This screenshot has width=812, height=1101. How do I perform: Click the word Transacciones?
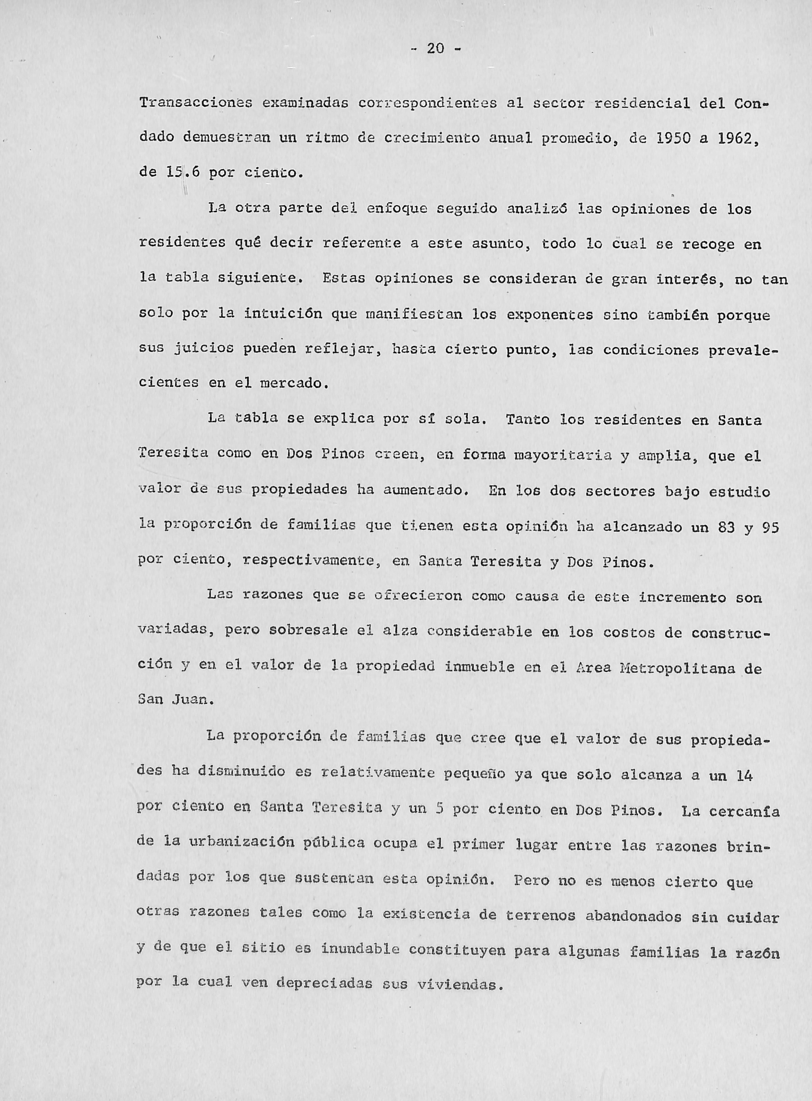[x=196, y=103]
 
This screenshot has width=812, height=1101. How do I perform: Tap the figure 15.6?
[x=178, y=173]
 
